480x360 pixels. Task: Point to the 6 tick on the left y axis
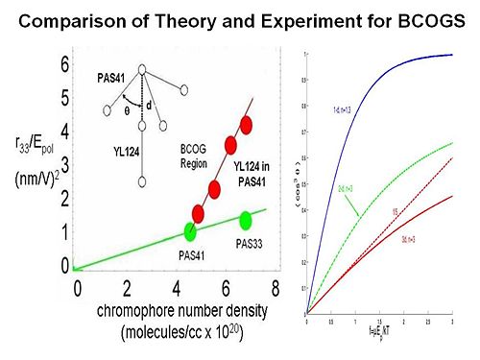pos(63,64)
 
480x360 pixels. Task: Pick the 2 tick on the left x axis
pos(127,287)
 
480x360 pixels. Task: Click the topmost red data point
pos(247,124)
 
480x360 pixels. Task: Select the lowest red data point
pos(199,212)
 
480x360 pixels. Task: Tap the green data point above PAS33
pos(246,220)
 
